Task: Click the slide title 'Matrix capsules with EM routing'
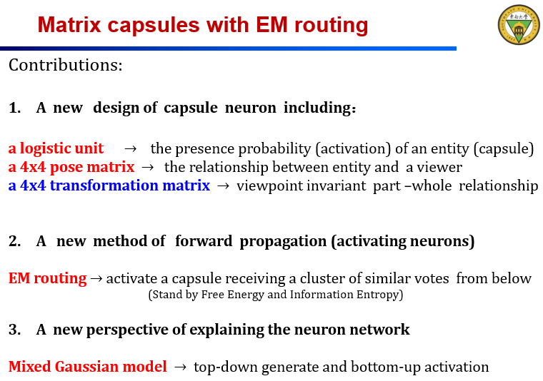click(203, 26)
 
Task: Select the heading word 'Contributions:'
click(66, 66)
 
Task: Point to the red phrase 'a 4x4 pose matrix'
click(71, 167)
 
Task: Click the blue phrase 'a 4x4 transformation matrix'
click(109, 186)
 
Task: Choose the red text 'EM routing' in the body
click(47, 278)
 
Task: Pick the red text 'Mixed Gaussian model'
click(87, 367)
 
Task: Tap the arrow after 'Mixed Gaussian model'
click(180, 367)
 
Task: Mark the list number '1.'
click(15, 108)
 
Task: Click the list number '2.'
click(15, 241)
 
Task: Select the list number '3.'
click(15, 329)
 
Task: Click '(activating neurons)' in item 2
click(402, 241)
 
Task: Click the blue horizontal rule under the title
click(229, 49)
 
